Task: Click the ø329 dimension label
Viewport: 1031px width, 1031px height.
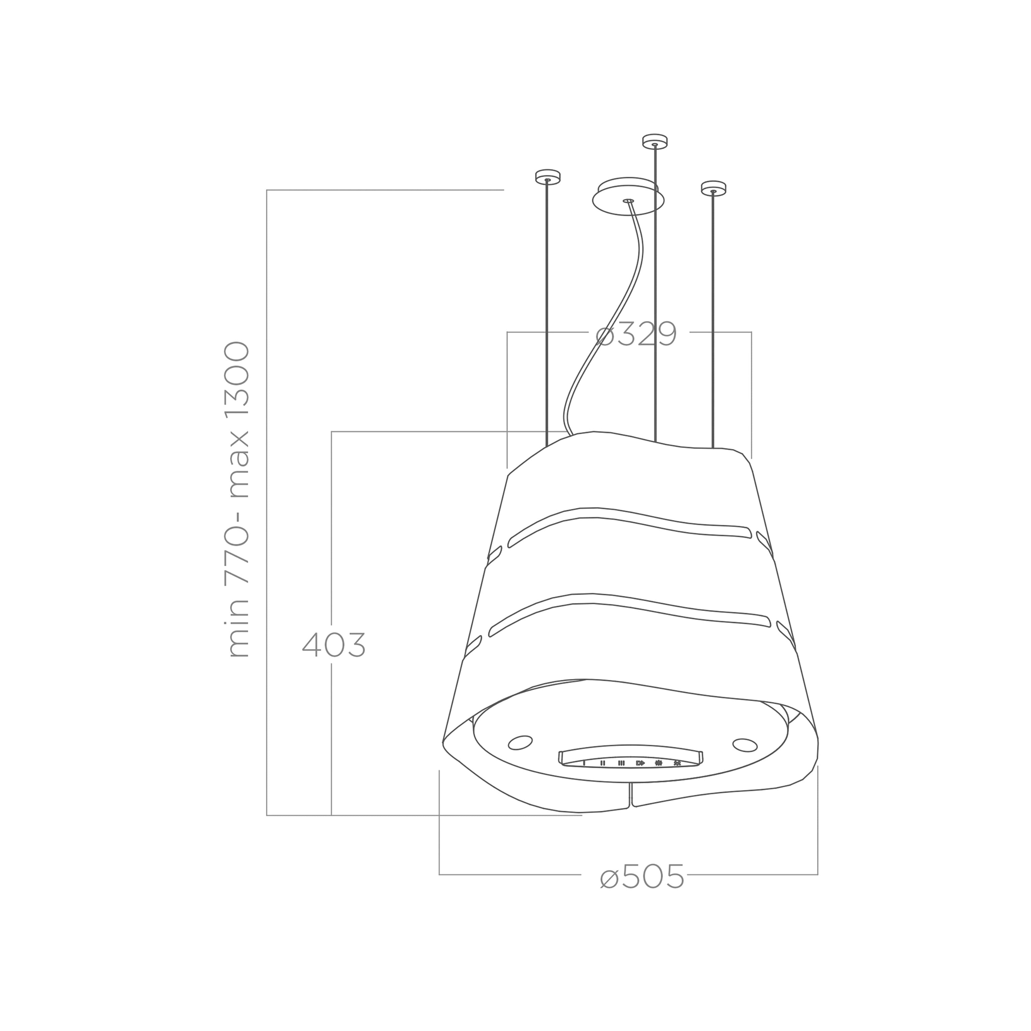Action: tap(636, 335)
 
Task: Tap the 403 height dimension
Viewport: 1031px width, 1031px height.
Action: tap(334, 645)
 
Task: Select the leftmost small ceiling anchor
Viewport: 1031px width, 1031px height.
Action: tap(547, 177)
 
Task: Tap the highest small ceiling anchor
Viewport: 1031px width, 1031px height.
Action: tap(655, 141)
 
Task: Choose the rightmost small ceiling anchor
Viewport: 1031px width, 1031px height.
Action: tap(713, 188)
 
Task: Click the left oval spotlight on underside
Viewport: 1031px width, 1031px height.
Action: tap(520, 742)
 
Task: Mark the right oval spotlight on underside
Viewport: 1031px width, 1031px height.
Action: tap(745, 745)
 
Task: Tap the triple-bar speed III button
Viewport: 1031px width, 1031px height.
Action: tap(621, 763)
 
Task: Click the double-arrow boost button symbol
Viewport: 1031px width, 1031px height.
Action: tap(640, 763)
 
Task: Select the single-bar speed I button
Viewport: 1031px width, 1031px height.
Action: tap(584, 763)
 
